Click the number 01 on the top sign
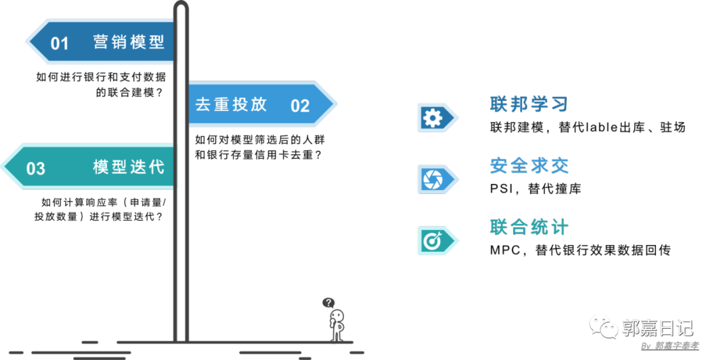click(60, 44)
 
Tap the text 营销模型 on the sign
click(129, 43)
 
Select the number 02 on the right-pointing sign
click(300, 106)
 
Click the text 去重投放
click(231, 104)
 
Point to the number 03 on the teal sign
click(36, 168)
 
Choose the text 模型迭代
click(129, 167)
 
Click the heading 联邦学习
click(528, 104)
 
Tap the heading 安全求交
click(529, 165)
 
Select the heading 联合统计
click(529, 227)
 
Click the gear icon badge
click(433, 118)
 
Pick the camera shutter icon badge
click(433, 179)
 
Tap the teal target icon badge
click(433, 241)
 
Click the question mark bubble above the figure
click(329, 303)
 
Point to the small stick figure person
click(337, 325)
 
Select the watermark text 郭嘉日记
click(657, 327)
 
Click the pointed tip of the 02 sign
click(335, 104)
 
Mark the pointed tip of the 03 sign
click(4, 167)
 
